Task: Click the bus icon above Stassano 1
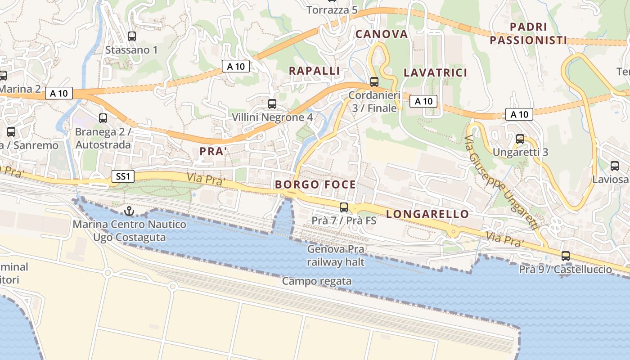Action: click(x=132, y=36)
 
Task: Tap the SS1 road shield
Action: click(x=123, y=177)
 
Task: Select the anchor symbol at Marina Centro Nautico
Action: click(x=130, y=210)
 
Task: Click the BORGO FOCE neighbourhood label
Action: click(x=315, y=184)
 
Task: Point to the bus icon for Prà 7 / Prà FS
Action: click(x=344, y=207)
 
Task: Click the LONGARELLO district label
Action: click(x=427, y=214)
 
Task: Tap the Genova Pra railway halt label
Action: click(x=336, y=256)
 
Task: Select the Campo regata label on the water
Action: click(x=317, y=281)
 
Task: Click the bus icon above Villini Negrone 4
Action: click(x=272, y=104)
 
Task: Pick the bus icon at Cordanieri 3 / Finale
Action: click(x=374, y=82)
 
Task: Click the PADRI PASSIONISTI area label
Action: click(x=528, y=34)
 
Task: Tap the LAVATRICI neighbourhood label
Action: click(x=435, y=72)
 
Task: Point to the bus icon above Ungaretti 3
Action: click(x=520, y=139)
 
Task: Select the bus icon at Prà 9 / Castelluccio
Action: click(x=566, y=256)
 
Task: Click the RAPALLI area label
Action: click(x=314, y=71)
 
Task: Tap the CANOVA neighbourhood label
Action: click(x=382, y=34)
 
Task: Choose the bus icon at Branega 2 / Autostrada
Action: click(x=103, y=118)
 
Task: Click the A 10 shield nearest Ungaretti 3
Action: click(x=519, y=114)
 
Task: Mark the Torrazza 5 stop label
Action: click(x=332, y=9)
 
